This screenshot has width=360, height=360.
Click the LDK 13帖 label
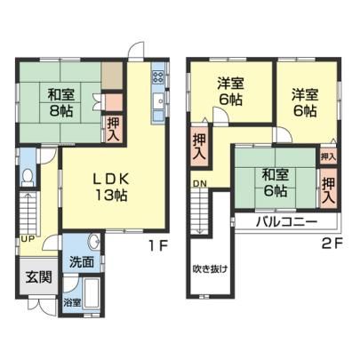[111, 187]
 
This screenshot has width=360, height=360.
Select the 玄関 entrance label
[38, 277]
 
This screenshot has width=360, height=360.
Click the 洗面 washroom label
[82, 261]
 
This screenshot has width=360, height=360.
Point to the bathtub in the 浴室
[91, 294]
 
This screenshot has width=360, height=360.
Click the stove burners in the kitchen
[158, 77]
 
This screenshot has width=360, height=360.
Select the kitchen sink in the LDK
[158, 101]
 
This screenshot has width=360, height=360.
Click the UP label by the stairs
[28, 238]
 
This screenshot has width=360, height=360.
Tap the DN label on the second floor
[200, 184]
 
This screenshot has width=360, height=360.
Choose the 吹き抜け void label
[210, 268]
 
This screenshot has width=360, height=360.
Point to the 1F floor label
[158, 245]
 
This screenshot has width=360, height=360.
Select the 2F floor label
[332, 244]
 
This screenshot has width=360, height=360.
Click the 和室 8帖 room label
[61, 103]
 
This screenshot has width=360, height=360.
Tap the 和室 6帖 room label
[276, 183]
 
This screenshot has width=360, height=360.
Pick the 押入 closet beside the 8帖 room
[114, 129]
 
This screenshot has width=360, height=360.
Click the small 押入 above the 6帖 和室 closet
[328, 157]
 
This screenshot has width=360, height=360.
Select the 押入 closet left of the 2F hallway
[199, 146]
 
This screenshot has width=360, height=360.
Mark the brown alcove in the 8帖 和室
[112, 76]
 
